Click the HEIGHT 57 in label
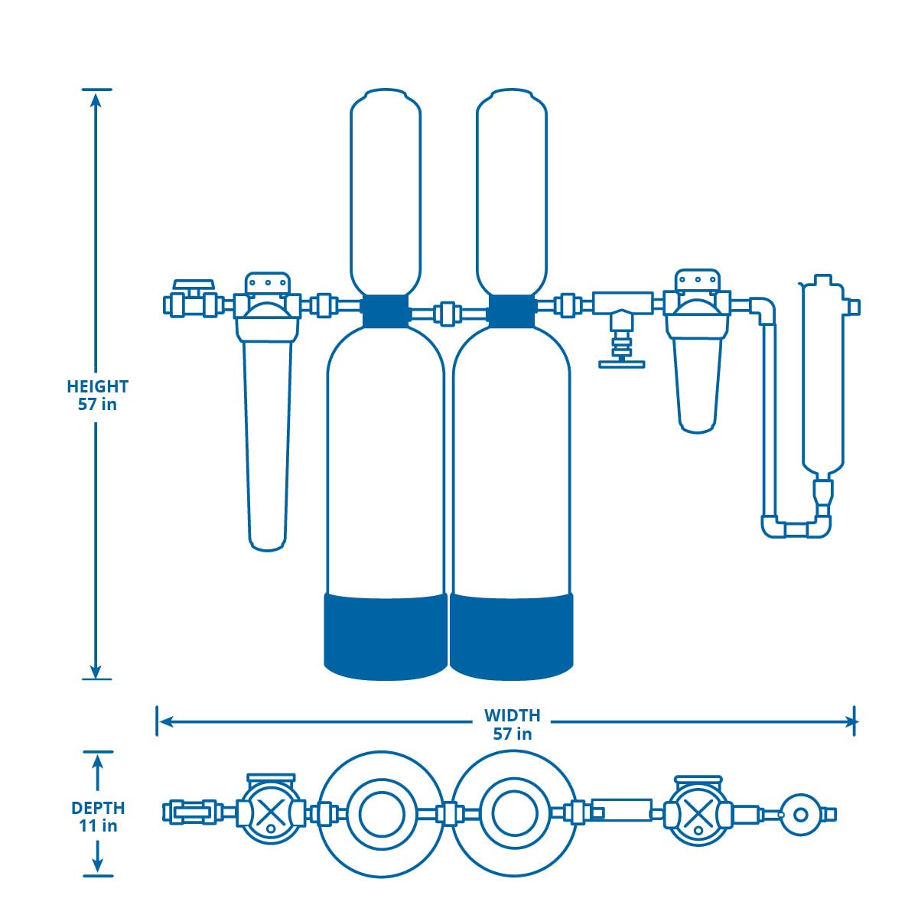97,395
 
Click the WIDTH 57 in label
512,724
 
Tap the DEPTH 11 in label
98,816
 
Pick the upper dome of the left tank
386,191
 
